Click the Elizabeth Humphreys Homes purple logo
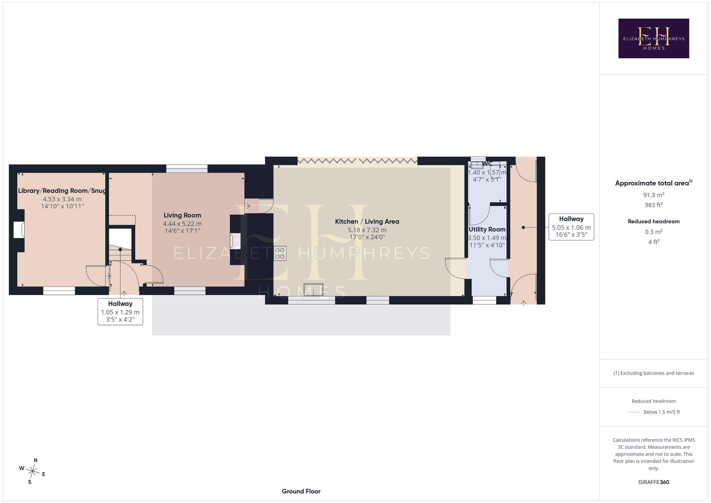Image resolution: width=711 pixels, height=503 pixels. (x=653, y=38)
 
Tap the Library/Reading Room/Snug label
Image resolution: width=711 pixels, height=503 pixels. (x=62, y=191)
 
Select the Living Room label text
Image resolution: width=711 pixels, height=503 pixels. (x=182, y=215)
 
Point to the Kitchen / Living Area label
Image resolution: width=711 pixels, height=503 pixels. (x=367, y=221)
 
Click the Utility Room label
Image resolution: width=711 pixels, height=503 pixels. (x=487, y=229)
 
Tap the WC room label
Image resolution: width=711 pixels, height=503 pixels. (x=487, y=164)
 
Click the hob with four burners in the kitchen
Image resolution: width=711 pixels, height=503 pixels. (x=280, y=253)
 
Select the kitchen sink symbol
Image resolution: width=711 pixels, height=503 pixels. (x=314, y=289)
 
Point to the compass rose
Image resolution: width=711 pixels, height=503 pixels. (x=32, y=471)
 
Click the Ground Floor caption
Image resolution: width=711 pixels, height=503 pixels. (x=301, y=491)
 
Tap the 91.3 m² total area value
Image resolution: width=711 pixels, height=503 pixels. (x=653, y=195)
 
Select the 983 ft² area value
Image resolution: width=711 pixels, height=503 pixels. (x=653, y=205)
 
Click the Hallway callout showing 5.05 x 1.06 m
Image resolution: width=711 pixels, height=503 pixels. (x=571, y=227)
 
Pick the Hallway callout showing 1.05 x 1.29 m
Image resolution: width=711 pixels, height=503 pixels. (x=120, y=312)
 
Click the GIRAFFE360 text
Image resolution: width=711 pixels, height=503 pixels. (x=653, y=482)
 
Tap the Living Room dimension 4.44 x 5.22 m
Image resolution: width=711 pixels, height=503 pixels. (x=182, y=224)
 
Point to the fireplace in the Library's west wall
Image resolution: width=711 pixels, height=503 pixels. (x=19, y=230)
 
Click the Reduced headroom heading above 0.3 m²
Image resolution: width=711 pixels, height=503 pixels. (x=653, y=221)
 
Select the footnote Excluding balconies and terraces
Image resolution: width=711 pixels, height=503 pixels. (x=653, y=373)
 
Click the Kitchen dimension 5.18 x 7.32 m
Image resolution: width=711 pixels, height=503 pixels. (x=367, y=230)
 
